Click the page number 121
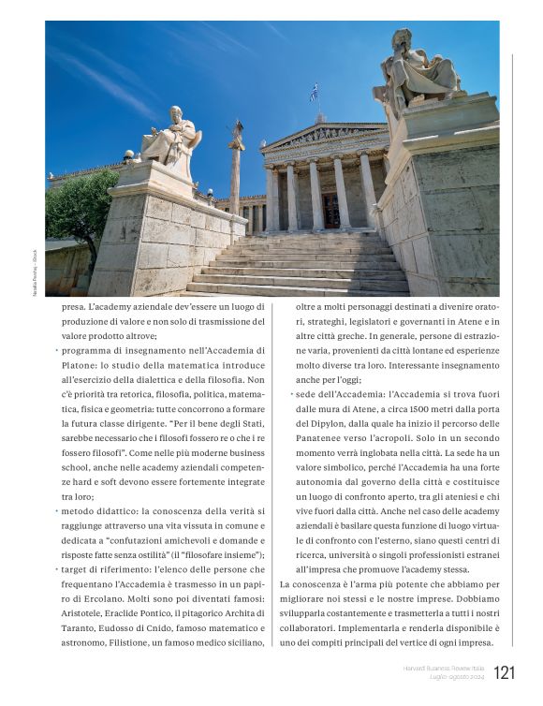[x=504, y=672]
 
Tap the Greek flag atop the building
[x=314, y=92]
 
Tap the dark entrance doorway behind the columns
[x=331, y=210]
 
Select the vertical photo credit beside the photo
[x=36, y=271]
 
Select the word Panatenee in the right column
[x=323, y=438]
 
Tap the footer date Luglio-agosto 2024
[x=456, y=677]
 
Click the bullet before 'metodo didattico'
[x=57, y=511]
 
